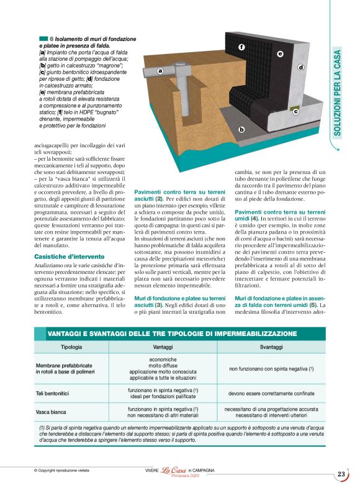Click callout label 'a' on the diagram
click(x=160, y=71)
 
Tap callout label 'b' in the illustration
click(x=242, y=130)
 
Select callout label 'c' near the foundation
click(x=295, y=112)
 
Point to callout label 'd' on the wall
click(x=301, y=67)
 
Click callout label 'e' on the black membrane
click(x=280, y=54)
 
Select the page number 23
click(x=341, y=475)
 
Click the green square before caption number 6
click(x=43, y=39)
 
